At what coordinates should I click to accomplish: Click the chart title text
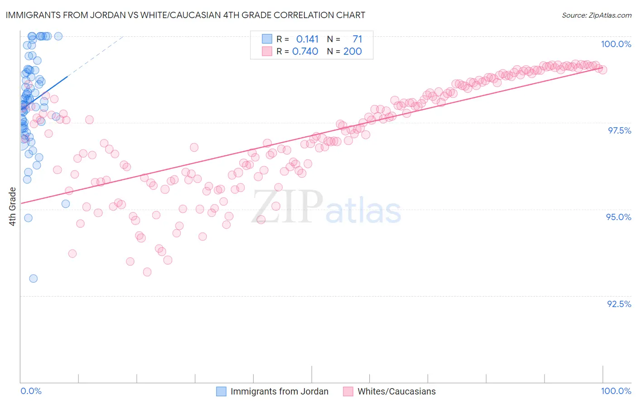(x=185, y=15)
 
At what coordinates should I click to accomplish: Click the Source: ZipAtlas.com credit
(x=596, y=15)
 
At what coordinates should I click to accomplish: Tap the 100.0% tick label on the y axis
(x=616, y=44)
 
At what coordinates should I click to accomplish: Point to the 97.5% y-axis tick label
(x=619, y=130)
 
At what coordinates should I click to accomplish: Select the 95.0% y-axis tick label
(x=618, y=217)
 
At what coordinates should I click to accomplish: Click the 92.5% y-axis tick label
(x=619, y=304)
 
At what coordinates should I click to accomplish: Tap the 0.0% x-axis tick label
(x=31, y=391)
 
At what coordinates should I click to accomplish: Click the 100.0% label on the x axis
(x=616, y=391)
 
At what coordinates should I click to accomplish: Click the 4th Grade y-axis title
(x=12, y=207)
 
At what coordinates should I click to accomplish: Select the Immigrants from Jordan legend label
(x=279, y=391)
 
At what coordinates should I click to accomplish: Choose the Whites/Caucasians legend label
(x=396, y=391)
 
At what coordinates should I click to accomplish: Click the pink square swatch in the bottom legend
(x=348, y=391)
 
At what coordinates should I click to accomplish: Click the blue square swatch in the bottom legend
(x=221, y=391)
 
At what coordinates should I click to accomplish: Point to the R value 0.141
(x=307, y=39)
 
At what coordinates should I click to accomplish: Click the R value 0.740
(x=305, y=51)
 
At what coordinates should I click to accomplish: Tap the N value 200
(x=352, y=51)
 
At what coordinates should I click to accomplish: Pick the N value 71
(x=357, y=39)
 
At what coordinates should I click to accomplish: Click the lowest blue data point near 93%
(x=33, y=279)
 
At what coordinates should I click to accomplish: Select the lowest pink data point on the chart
(x=147, y=272)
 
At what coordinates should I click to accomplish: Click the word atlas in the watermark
(x=363, y=211)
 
